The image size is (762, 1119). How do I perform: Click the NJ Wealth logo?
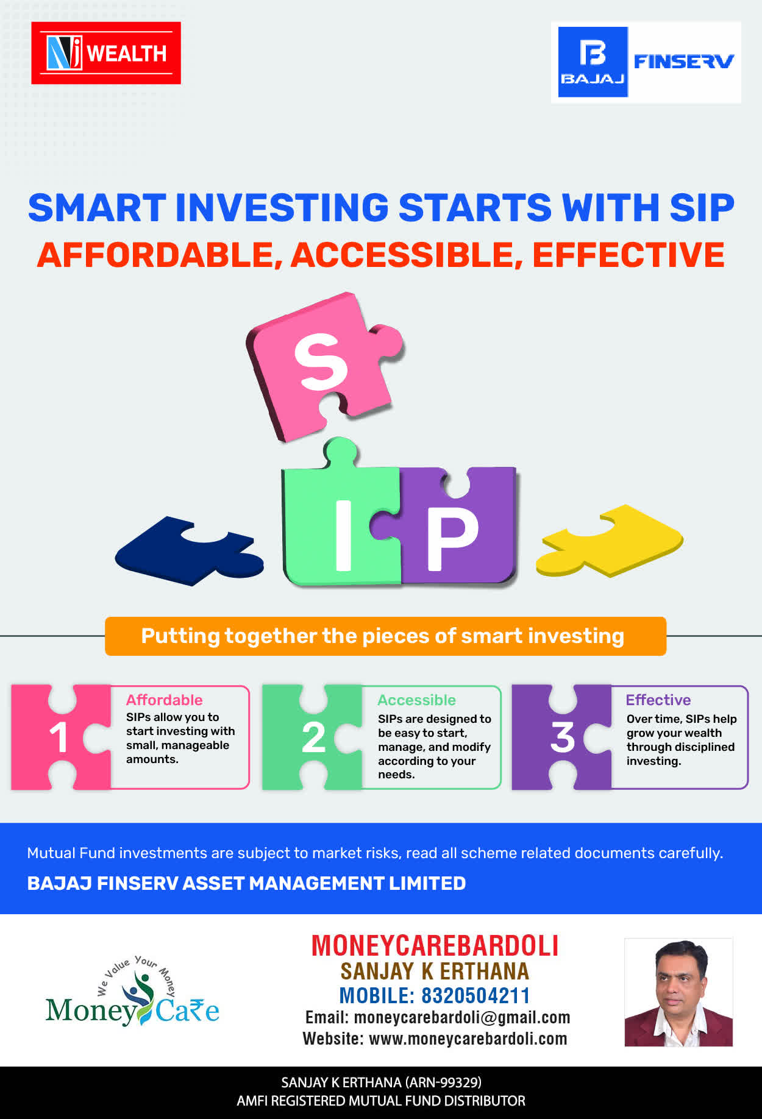(106, 53)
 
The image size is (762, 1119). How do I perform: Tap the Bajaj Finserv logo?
(646, 62)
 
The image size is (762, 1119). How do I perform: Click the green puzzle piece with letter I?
(341, 518)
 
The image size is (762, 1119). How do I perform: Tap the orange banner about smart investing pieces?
(385, 636)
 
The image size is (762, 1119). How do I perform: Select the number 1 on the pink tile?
(59, 737)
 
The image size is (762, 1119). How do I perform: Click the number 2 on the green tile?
(314, 737)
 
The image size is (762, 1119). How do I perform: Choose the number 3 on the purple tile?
(563, 737)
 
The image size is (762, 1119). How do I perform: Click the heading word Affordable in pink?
(164, 700)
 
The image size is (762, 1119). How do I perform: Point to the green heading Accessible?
(416, 700)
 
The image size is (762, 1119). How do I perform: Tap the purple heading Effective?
(658, 700)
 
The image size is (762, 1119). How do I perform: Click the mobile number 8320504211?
(475, 995)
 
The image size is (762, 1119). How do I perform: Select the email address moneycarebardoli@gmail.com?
(462, 1017)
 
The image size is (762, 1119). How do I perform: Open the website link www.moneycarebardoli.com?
(468, 1039)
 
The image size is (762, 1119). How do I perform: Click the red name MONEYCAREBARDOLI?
(435, 945)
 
